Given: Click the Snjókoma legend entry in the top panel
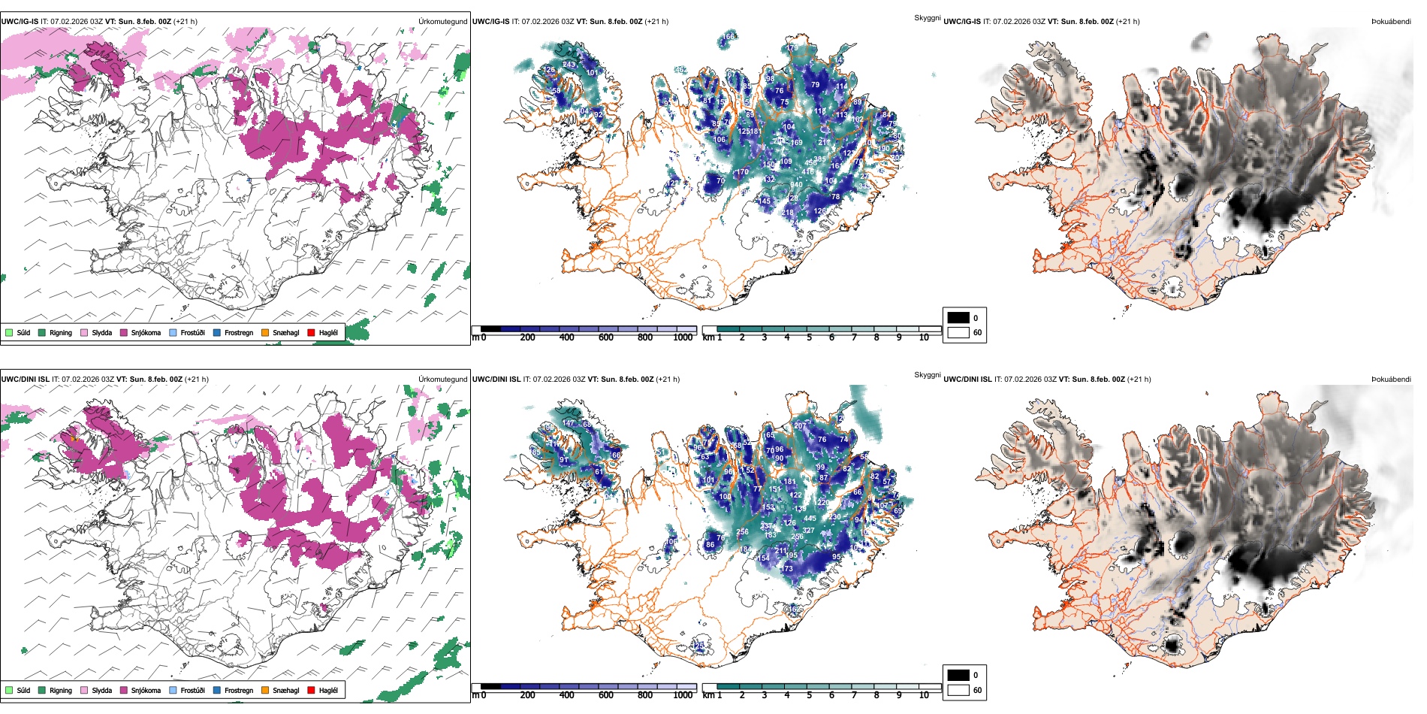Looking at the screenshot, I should pyautogui.click(x=145, y=332).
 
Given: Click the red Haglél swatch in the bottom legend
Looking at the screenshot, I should pyautogui.click(x=311, y=690).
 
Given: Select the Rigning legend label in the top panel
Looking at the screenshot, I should pyautogui.click(x=61, y=332).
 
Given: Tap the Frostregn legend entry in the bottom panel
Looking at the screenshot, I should pyautogui.click(x=238, y=690).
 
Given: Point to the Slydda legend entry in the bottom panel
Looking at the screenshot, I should pyautogui.click(x=101, y=690).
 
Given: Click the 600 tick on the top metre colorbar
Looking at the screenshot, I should pyautogui.click(x=605, y=337).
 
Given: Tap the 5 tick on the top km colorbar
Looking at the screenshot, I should pyautogui.click(x=809, y=337).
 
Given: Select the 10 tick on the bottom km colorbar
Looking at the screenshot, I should pyautogui.click(x=924, y=695).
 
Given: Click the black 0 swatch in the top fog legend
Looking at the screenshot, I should pyautogui.click(x=958, y=318).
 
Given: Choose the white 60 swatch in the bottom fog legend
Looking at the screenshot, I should pyautogui.click(x=958, y=690).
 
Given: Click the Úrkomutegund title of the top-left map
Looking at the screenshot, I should pyautogui.click(x=442, y=21).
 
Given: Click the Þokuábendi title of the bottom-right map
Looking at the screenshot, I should pyautogui.click(x=1391, y=379).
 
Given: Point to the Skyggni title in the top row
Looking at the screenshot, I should pyautogui.click(x=927, y=17).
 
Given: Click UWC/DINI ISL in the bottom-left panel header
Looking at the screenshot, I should pyautogui.click(x=24, y=379).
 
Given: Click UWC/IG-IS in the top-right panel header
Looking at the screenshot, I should pyautogui.click(x=961, y=21).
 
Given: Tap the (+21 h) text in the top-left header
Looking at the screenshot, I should pyautogui.click(x=185, y=21).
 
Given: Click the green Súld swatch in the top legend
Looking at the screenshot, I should pyautogui.click(x=9, y=332).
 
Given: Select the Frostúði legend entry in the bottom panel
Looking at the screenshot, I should pyautogui.click(x=192, y=690).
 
